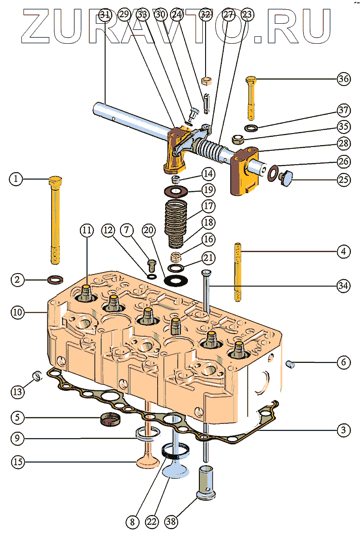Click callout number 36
coord(343,79)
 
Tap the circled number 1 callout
coord(17,179)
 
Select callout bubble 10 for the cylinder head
coord(17,312)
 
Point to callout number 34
coord(343,286)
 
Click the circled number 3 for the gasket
coord(343,430)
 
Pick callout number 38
coord(171,522)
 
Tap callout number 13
coord(17,392)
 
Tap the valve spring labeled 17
coord(177,215)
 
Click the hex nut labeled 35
coord(238,139)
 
